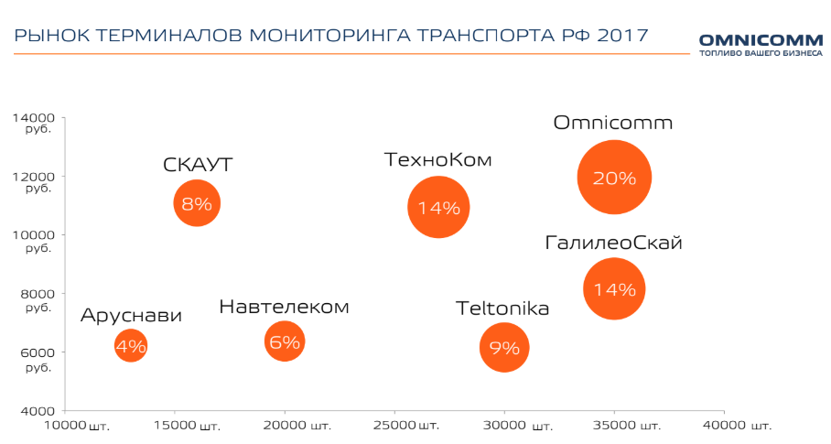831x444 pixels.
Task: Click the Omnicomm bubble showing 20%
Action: tap(614, 178)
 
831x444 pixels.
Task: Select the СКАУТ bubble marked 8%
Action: tap(197, 203)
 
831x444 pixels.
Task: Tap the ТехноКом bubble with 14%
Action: tap(438, 207)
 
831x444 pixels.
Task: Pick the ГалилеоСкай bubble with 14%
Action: tap(614, 289)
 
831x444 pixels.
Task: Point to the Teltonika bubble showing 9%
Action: tap(504, 347)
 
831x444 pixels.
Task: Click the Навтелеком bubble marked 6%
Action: tap(285, 342)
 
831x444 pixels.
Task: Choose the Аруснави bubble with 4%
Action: tap(131, 346)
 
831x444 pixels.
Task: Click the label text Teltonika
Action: tap(502, 309)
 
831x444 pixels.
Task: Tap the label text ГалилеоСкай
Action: tap(613, 243)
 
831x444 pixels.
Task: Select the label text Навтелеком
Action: tap(284, 307)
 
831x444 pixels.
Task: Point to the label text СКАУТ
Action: tap(198, 165)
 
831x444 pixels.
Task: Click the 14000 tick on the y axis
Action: tap(34, 118)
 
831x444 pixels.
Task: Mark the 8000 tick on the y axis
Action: tap(38, 294)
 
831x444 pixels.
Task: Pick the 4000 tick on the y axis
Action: tap(38, 411)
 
